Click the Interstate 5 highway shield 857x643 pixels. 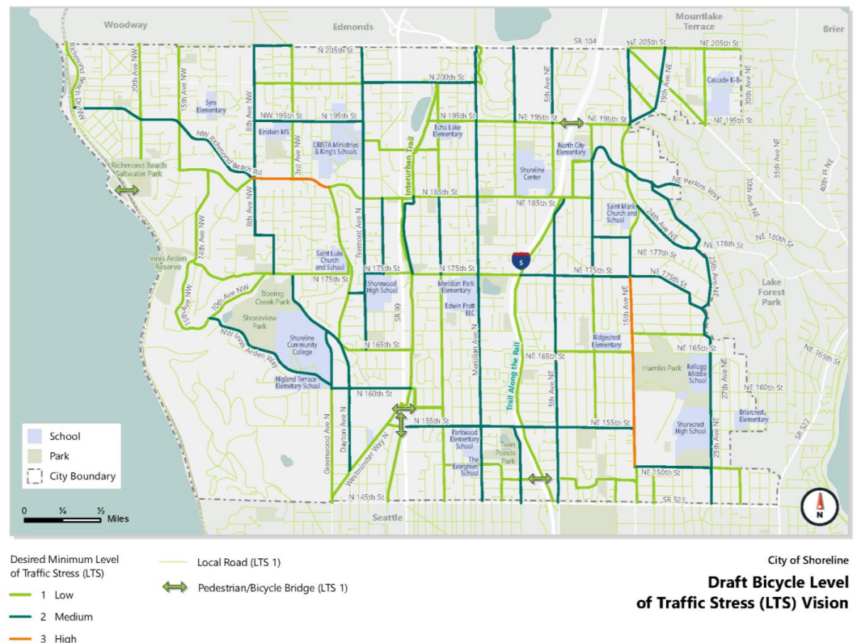coord(521,260)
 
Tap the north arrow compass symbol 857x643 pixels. coord(819,506)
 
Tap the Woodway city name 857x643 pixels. coord(126,25)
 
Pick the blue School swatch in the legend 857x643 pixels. coord(36,436)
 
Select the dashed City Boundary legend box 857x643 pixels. coord(36,476)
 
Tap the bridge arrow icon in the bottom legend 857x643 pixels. coord(175,587)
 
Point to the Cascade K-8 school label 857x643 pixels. coord(722,81)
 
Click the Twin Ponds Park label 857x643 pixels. coord(507,451)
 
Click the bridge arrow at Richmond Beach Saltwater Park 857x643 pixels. coord(126,189)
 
